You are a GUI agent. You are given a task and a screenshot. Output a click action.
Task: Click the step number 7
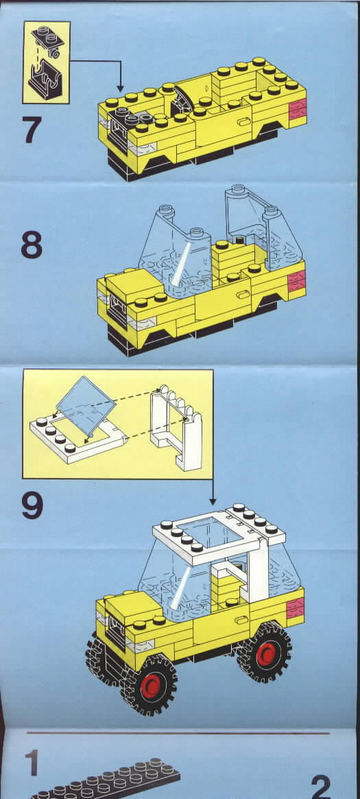32,130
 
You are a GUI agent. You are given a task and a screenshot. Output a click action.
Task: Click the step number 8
32,245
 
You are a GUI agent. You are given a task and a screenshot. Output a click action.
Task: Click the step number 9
33,505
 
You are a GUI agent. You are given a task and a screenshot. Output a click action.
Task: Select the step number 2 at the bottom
322,786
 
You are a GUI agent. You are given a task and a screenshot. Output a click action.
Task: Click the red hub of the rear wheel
266,654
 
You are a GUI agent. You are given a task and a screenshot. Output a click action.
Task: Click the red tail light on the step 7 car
298,110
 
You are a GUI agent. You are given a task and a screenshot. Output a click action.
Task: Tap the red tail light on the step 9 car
296,608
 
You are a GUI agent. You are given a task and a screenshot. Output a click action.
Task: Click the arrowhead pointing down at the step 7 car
120,88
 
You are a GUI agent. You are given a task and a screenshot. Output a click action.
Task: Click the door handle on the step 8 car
243,294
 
